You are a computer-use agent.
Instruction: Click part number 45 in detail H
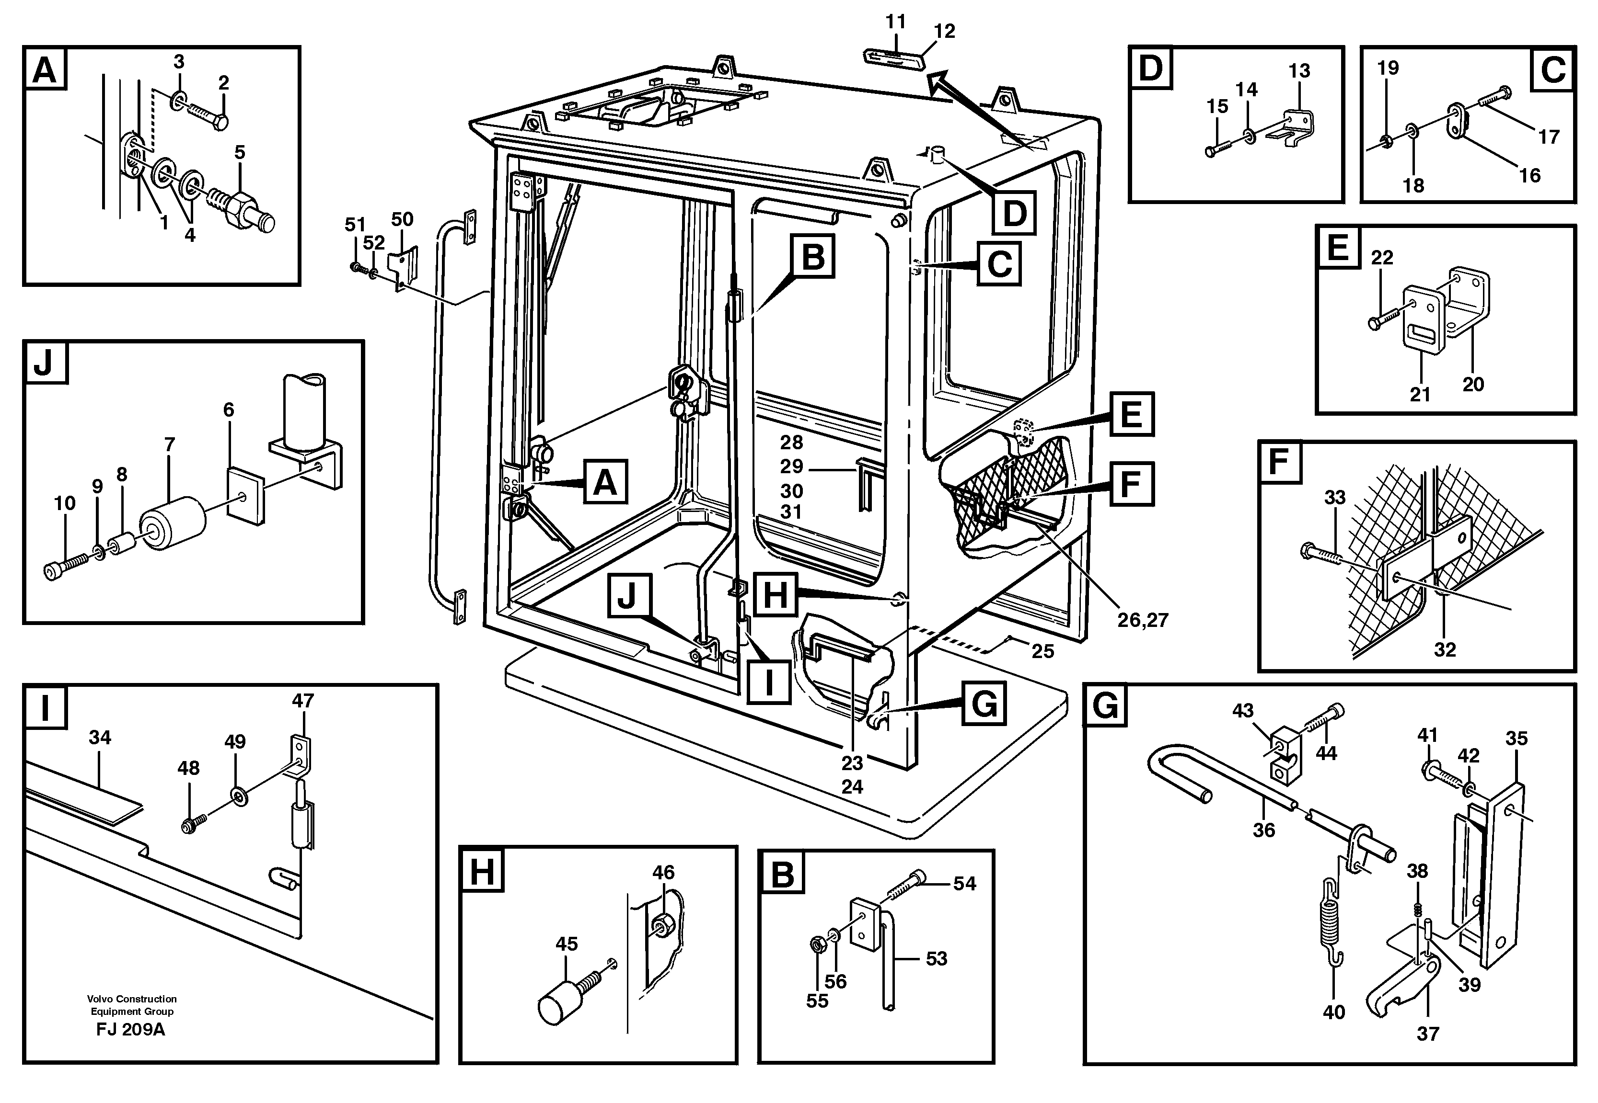click(567, 944)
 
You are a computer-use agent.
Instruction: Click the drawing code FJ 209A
click(131, 1030)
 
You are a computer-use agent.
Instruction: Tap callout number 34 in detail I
click(100, 738)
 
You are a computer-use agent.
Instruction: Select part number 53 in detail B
click(936, 958)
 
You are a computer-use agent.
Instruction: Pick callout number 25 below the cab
click(1043, 651)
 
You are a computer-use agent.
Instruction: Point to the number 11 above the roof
click(895, 22)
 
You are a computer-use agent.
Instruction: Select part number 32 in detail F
click(1445, 649)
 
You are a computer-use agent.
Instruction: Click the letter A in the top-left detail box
click(45, 70)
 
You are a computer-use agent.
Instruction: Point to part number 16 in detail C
click(1529, 176)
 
